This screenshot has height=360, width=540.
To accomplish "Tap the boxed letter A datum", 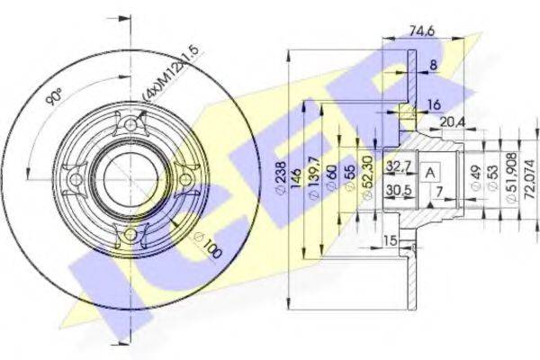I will pyautogui.click(x=431, y=173).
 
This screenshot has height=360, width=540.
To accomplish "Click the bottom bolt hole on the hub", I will pyautogui.click(x=131, y=235).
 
